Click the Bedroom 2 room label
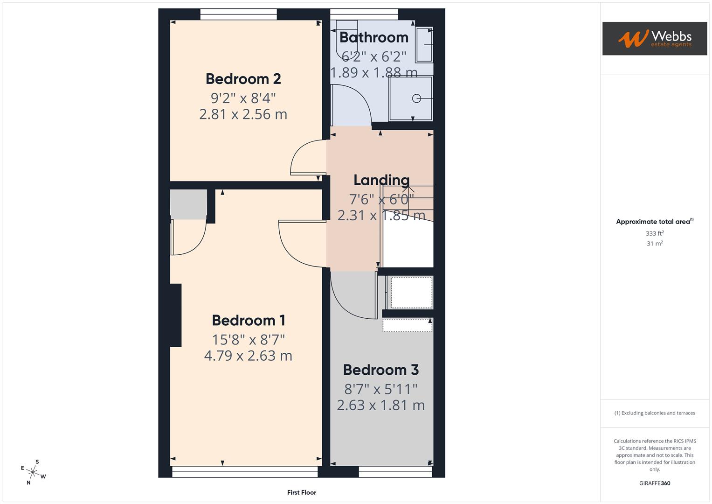(243, 79)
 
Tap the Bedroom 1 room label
(248, 321)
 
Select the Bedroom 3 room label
(381, 370)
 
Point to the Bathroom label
(374, 37)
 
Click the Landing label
(381, 180)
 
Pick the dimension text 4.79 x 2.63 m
(248, 356)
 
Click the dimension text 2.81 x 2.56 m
(243, 114)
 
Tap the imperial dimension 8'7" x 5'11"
(381, 389)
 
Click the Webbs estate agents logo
(655, 39)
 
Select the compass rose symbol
(33, 472)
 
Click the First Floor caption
(302, 492)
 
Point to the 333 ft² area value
(655, 233)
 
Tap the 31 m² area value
(655, 244)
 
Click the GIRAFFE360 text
(655, 483)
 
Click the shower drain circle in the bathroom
(416, 98)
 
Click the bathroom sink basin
(424, 45)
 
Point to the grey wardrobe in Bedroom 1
(188, 204)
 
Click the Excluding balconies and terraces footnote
(655, 413)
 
